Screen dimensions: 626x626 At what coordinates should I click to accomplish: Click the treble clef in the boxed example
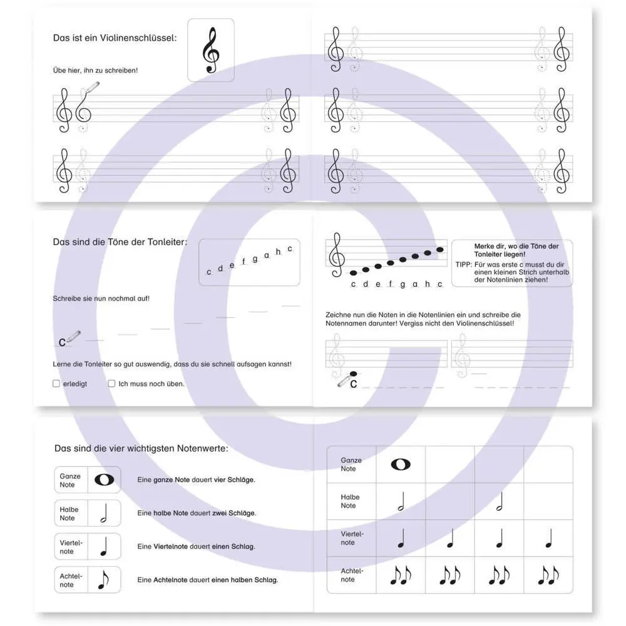tap(211, 50)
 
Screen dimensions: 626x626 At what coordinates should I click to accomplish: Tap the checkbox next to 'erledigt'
tap(56, 384)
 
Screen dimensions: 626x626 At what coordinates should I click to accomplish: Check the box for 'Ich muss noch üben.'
tap(111, 384)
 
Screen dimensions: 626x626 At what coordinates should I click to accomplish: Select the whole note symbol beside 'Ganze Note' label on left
tap(105, 480)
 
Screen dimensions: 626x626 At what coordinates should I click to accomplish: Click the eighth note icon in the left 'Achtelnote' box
tap(103, 580)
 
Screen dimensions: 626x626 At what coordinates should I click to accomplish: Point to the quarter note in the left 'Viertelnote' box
tap(104, 546)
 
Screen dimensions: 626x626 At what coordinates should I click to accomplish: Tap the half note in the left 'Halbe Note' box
tap(104, 513)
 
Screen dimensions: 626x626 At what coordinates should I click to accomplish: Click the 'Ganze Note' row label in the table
tap(351, 464)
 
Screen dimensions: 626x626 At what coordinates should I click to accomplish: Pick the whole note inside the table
tap(401, 464)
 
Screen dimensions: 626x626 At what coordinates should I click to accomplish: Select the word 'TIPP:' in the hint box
tap(464, 265)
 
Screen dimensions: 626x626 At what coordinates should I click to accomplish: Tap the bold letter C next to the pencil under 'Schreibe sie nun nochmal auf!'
tap(62, 342)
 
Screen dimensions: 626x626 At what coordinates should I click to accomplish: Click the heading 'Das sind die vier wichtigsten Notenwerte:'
tap(141, 448)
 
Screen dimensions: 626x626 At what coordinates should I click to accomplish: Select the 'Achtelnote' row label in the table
tap(351, 575)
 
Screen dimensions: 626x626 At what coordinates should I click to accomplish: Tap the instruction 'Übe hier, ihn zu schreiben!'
tap(95, 70)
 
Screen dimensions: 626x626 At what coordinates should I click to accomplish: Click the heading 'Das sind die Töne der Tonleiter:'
tap(120, 242)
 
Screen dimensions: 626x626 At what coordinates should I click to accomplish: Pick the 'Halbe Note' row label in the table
tap(351, 501)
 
